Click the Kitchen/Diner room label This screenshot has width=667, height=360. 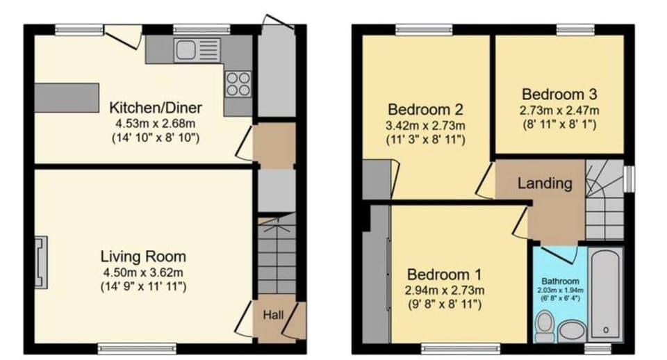click(x=156, y=108)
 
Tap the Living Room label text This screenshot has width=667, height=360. click(x=143, y=256)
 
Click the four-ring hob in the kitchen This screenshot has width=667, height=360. click(x=238, y=84)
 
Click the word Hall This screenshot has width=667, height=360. click(x=273, y=315)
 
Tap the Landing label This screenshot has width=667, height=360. click(x=545, y=184)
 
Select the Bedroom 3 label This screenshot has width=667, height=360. click(x=560, y=94)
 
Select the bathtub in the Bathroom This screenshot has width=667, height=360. click(x=606, y=293)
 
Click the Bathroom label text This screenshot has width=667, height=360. click(x=560, y=281)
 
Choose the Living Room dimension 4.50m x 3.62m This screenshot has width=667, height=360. click(x=143, y=272)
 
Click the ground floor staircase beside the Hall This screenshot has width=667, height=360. click(x=277, y=257)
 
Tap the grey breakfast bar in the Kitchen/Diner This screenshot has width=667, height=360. click(x=66, y=97)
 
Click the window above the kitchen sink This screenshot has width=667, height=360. click(x=201, y=30)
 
